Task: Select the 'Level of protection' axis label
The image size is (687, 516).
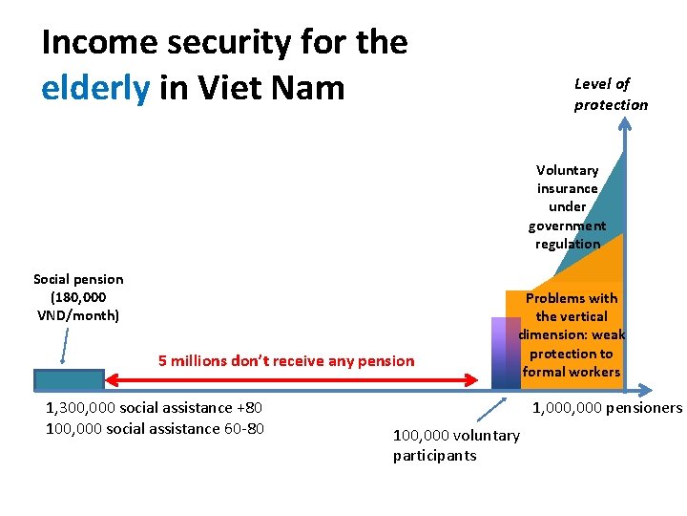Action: [610, 94]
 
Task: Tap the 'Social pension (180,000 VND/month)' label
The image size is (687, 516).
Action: [78, 296]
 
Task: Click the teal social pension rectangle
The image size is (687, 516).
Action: [69, 379]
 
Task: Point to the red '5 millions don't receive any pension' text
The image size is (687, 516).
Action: [286, 361]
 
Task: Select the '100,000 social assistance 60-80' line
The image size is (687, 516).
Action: [155, 428]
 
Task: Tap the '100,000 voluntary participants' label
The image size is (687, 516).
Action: [456, 445]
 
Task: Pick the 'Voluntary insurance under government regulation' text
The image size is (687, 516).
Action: [567, 206]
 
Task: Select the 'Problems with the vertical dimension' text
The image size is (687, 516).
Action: [571, 334]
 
